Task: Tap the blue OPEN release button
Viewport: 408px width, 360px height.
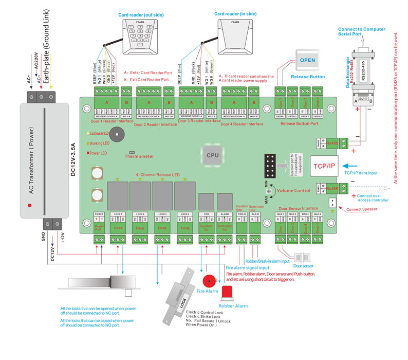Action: coord(308,59)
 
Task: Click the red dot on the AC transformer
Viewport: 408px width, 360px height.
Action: coord(30,205)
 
